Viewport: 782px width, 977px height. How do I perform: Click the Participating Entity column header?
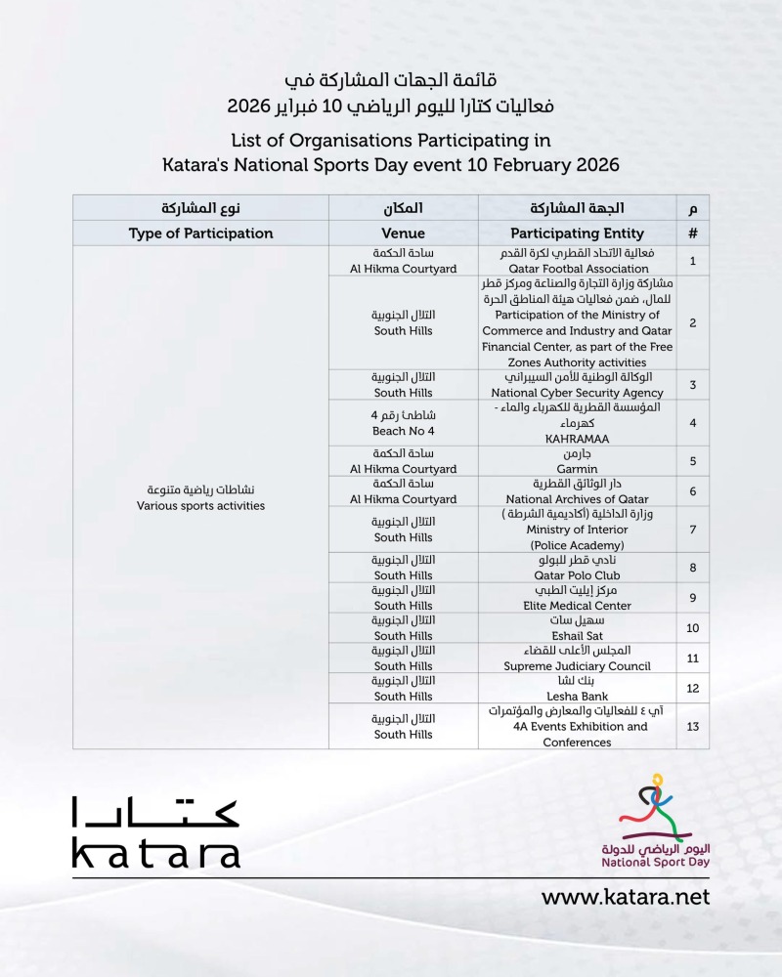(x=577, y=234)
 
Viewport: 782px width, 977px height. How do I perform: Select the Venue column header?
(x=403, y=234)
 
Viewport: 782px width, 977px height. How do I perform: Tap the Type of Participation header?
(x=200, y=234)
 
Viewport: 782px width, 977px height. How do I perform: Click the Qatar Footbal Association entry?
(x=577, y=261)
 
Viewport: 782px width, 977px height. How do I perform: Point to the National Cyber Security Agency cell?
(x=577, y=384)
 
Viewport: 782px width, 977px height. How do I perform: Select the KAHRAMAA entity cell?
(x=577, y=422)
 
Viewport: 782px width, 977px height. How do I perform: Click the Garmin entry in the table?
(x=577, y=460)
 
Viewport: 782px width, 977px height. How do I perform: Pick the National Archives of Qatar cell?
(x=577, y=491)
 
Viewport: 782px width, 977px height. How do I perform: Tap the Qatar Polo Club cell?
(x=577, y=568)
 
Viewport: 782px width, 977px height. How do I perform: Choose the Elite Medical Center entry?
(x=577, y=598)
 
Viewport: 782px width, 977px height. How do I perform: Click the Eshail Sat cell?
(x=577, y=628)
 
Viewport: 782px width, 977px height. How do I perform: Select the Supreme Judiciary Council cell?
(x=577, y=658)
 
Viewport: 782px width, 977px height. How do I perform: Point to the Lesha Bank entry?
(x=577, y=689)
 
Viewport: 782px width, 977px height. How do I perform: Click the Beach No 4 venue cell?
(x=403, y=422)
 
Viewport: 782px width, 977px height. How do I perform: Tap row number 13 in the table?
(x=692, y=726)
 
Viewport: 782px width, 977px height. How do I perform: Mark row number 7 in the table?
(x=692, y=530)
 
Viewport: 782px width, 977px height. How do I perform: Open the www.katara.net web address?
(x=626, y=897)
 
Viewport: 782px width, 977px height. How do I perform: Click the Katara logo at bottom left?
(x=155, y=832)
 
